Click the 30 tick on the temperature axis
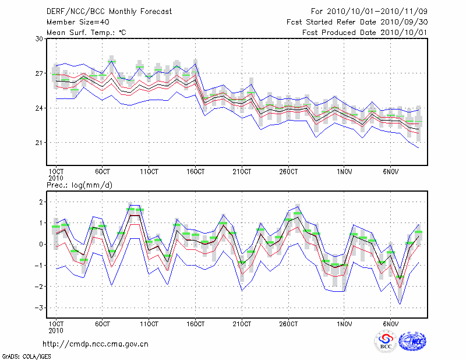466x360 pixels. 39,38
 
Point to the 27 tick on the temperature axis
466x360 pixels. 39,73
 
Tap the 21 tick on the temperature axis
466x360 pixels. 39,143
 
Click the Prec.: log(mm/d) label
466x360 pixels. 79,185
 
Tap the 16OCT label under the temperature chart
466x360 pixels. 196,172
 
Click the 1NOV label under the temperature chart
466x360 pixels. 345,172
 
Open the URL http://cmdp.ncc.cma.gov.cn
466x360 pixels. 96,344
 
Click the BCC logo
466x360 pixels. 385,341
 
